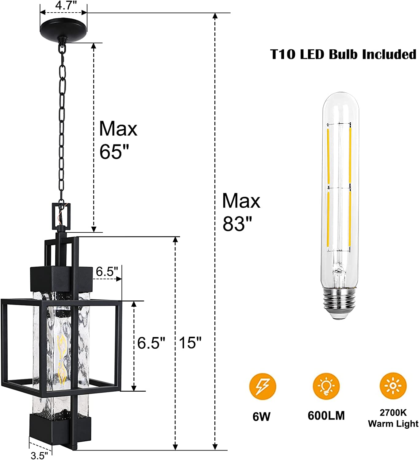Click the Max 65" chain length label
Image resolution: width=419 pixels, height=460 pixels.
point(118,140)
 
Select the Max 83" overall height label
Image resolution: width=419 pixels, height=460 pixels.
point(241,212)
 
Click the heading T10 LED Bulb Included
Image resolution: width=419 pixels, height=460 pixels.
point(343,55)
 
